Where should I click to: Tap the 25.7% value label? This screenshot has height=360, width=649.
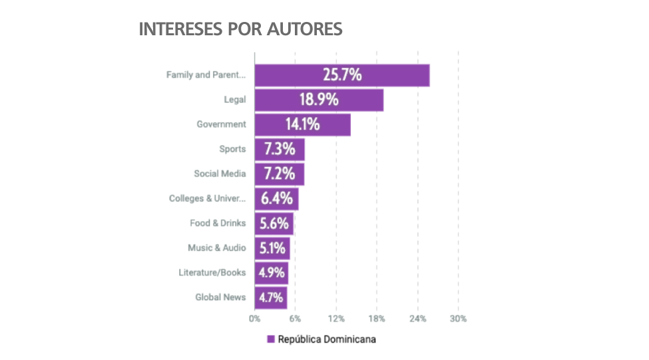[342, 75]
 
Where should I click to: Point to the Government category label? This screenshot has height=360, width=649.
[221, 124]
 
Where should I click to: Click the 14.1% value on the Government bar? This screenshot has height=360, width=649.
[302, 124]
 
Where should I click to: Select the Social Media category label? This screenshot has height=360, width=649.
[220, 174]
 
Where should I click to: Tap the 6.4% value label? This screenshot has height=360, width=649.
[275, 198]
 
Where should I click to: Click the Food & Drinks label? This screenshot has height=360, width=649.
[218, 223]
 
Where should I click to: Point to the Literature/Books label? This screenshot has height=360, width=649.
[212, 272]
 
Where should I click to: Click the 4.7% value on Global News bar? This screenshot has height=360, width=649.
[270, 297]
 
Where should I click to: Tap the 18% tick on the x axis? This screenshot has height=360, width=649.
[377, 319]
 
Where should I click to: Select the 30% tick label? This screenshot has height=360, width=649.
[458, 319]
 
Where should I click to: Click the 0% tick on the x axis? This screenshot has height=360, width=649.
[254, 319]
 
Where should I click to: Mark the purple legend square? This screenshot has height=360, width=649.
[271, 339]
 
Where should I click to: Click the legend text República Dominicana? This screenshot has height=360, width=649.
[327, 339]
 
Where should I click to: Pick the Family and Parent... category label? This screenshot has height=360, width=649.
[206, 75]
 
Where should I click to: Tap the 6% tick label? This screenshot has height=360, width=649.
[295, 319]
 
